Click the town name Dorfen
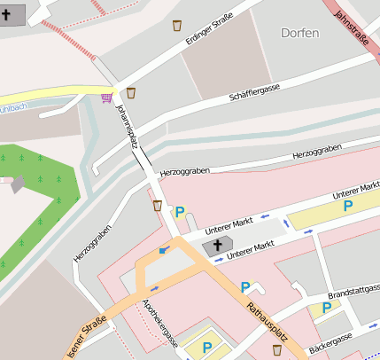(x=299, y=33)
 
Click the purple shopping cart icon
(x=107, y=98)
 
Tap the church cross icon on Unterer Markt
(x=217, y=246)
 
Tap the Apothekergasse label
(x=160, y=323)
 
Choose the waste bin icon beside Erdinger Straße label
(x=177, y=25)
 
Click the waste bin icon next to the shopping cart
(x=131, y=93)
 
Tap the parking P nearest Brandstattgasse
(x=327, y=309)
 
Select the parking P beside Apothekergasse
(x=207, y=348)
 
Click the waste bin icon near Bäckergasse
(x=277, y=350)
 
